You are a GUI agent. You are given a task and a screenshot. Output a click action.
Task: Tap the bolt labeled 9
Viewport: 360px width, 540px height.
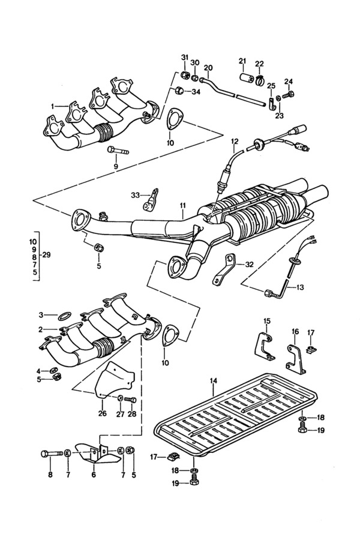[118, 151]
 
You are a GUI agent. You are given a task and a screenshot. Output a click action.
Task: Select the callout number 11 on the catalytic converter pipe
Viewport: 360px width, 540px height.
[182, 206]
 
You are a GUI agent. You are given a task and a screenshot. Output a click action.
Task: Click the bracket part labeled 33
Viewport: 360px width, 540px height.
[151, 199]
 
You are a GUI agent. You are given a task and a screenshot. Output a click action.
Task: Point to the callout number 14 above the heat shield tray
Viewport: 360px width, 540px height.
[214, 380]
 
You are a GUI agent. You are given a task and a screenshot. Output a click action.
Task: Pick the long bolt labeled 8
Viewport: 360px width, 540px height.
[52, 454]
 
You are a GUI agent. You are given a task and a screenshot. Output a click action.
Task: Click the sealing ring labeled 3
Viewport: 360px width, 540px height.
[64, 315]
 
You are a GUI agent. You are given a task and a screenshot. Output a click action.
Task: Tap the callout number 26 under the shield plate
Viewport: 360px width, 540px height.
[103, 413]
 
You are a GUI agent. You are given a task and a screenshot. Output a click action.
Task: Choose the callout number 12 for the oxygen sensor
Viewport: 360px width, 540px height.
[235, 141]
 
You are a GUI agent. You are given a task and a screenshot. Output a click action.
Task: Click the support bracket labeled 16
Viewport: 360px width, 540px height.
[296, 360]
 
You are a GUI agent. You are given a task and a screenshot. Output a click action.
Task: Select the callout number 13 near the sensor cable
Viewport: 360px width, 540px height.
[300, 287]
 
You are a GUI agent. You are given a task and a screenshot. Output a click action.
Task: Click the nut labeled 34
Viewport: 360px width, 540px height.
[178, 91]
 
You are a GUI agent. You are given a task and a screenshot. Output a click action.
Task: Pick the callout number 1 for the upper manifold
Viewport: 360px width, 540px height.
[53, 107]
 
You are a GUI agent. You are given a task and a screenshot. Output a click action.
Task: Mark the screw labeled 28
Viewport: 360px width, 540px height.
[131, 400]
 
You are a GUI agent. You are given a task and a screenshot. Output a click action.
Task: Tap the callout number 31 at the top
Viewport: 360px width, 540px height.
[185, 57]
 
